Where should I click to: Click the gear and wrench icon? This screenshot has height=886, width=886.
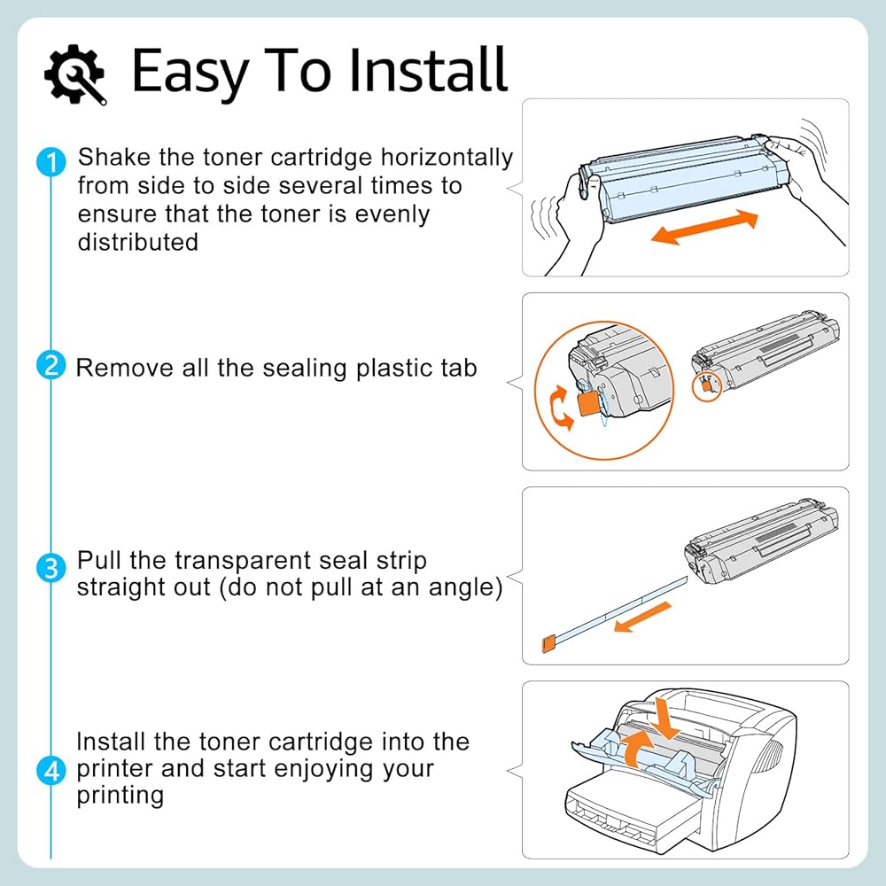75,74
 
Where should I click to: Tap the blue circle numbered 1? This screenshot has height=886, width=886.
51,162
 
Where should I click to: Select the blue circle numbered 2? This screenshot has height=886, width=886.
51,365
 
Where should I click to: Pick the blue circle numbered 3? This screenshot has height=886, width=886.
51,567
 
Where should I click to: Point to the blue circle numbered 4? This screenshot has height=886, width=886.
51,770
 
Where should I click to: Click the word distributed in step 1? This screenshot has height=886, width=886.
138,242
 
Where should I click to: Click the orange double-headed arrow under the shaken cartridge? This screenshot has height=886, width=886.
704,227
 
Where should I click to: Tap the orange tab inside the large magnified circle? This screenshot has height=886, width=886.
589,403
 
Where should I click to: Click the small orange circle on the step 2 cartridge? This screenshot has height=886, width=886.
707,386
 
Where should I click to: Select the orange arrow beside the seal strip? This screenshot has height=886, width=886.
642,617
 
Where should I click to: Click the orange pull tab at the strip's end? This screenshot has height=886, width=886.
548,645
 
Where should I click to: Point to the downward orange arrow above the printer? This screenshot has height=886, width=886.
665,719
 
